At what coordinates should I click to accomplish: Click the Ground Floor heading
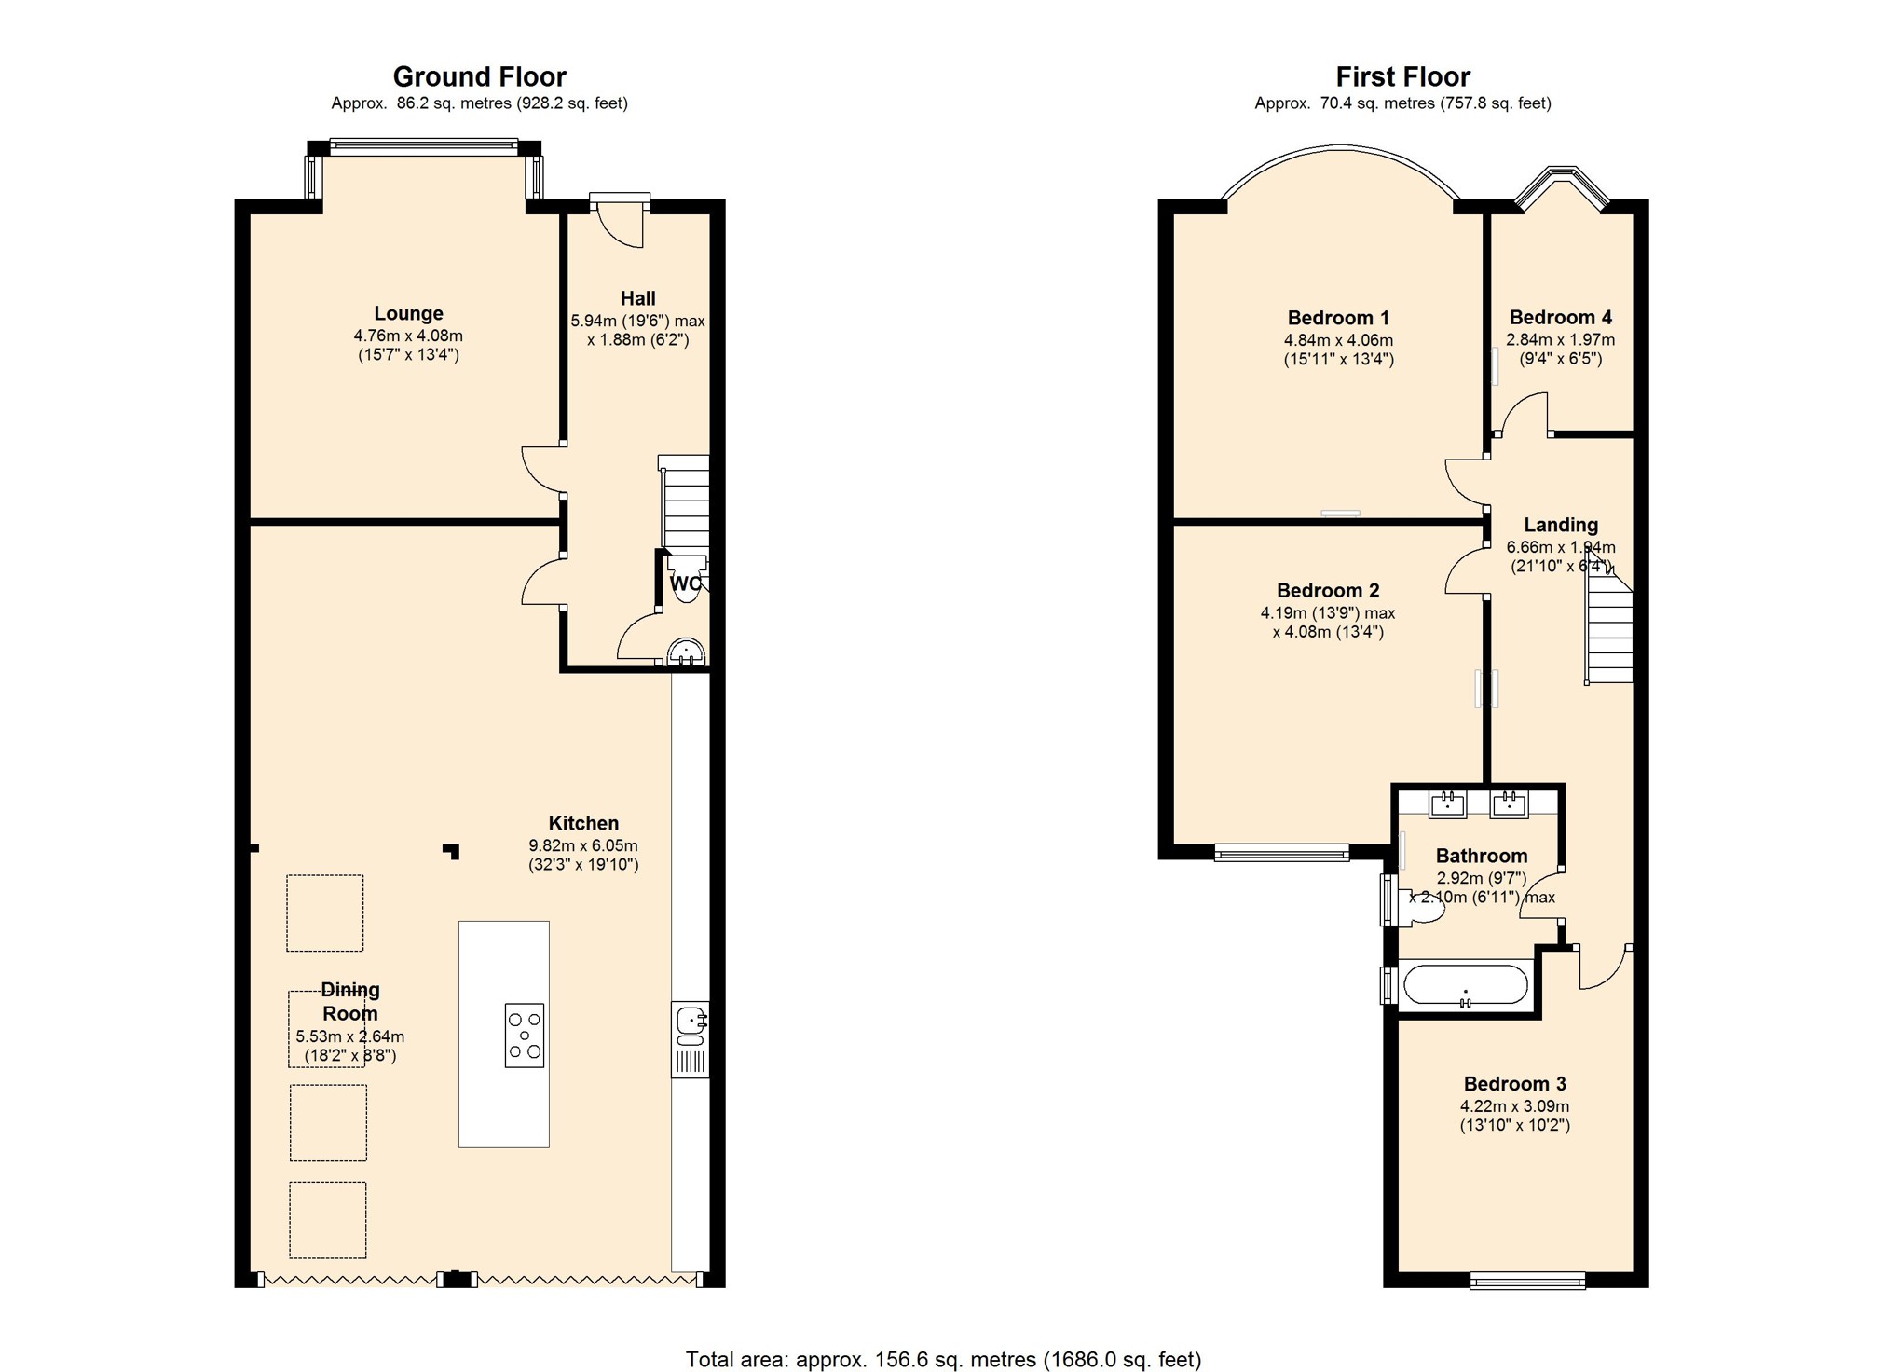479,76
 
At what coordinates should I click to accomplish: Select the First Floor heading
1402,76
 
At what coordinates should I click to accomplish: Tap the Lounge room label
408,314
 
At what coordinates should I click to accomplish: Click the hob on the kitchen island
524,1035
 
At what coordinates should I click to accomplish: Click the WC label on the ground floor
685,584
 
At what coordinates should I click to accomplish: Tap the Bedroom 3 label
1514,1084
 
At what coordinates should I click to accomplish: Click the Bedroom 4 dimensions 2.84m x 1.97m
1560,340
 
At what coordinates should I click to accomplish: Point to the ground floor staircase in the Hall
685,508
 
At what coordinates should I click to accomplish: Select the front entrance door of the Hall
620,220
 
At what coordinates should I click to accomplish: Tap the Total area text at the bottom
943,1360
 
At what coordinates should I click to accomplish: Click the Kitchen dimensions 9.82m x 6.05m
583,846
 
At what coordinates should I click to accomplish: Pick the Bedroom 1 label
1338,318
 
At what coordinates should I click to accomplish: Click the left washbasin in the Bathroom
1448,803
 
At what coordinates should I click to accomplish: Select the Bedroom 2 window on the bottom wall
1281,851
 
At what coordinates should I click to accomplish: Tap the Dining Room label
350,1002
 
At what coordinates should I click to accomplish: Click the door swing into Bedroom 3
1603,967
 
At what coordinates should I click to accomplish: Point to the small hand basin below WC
687,652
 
